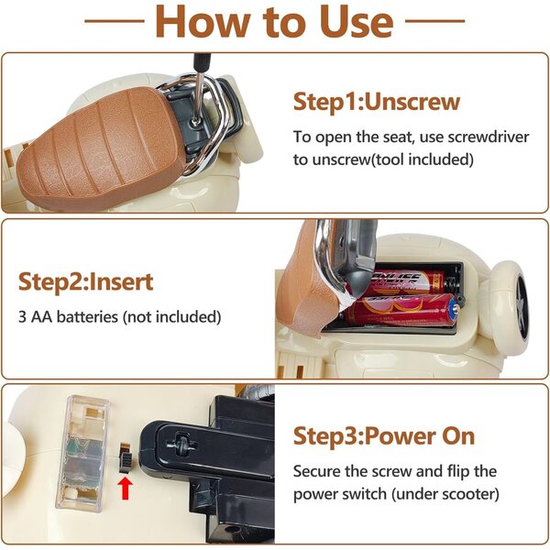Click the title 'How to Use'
click(x=274, y=21)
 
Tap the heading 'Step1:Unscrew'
click(x=377, y=102)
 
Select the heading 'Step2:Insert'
click(x=86, y=282)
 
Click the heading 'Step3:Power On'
click(x=384, y=436)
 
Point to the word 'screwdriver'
click(x=489, y=137)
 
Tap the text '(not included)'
click(x=172, y=317)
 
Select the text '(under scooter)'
click(x=445, y=494)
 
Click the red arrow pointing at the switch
click(x=126, y=488)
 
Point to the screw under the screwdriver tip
click(x=194, y=122)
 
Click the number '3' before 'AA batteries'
click(x=22, y=317)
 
